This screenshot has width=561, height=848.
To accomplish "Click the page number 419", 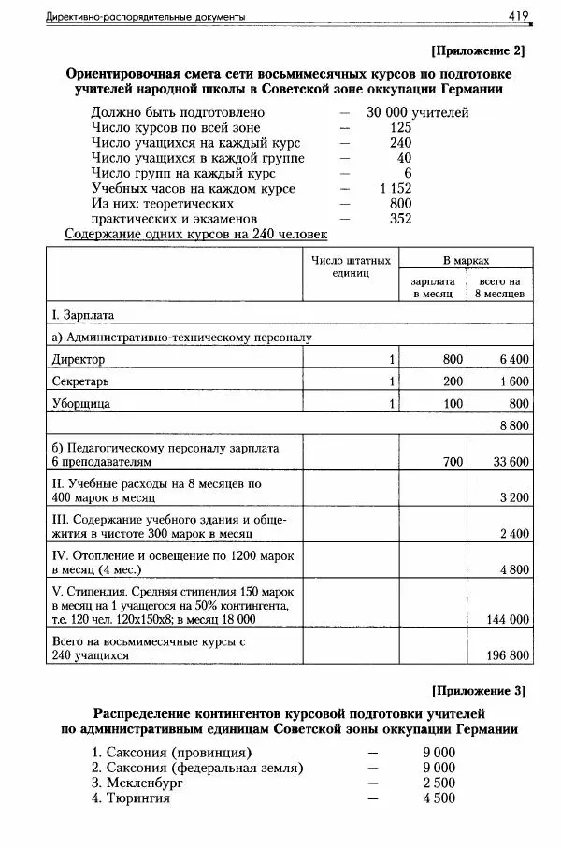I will coord(519,15).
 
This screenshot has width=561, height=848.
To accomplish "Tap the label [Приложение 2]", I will coord(478,50).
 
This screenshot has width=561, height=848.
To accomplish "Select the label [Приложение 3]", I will coord(478,692).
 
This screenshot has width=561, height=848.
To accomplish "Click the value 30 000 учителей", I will coord(417,112).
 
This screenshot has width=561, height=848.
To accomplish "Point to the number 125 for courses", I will coord(401,127).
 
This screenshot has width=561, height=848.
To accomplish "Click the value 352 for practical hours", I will coord(401,219).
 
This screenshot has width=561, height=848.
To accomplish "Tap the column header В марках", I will coord(466,260).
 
